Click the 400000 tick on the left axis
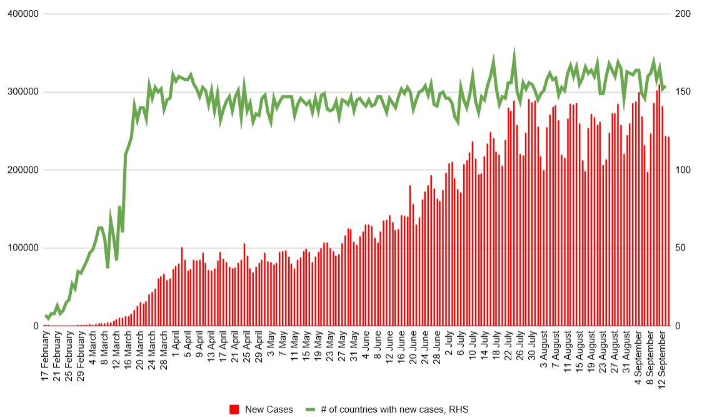pos(23,14)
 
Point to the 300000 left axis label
pos(23,92)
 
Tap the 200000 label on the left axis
pos(23,170)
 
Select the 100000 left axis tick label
pos(23,248)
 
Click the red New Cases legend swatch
pos(235,409)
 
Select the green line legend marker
pos(310,409)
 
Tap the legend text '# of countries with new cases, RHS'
pos(394,409)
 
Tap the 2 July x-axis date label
pos(449,348)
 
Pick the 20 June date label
pos(413,353)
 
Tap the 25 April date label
pos(247,353)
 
